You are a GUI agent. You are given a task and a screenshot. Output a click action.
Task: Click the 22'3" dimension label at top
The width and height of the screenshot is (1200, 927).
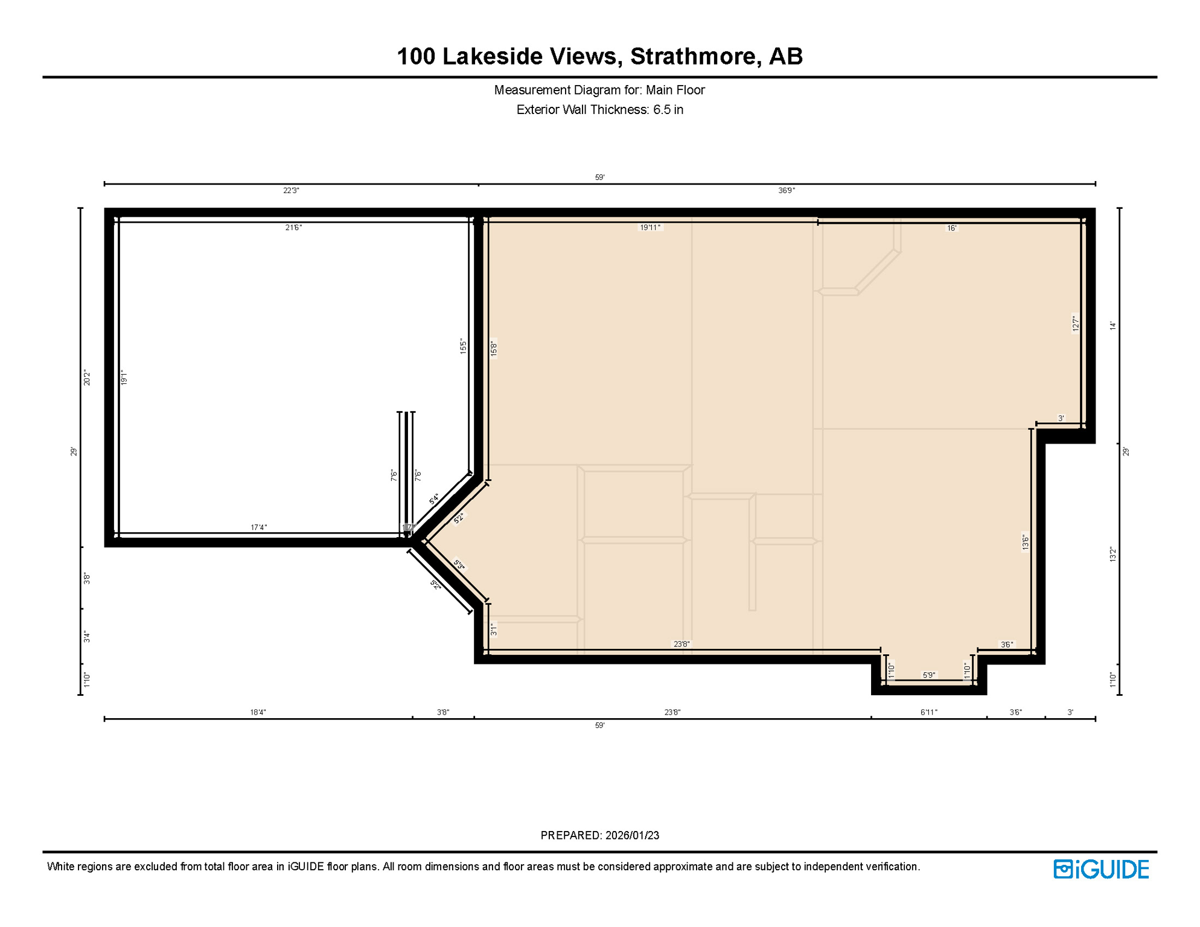click(291, 191)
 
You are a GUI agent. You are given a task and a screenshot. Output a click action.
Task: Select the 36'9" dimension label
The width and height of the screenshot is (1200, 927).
click(787, 191)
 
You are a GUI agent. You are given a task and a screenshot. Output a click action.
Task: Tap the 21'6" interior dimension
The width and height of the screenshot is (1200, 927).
click(293, 228)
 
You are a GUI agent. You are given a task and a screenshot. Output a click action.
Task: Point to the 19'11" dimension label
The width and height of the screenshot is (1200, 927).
click(650, 228)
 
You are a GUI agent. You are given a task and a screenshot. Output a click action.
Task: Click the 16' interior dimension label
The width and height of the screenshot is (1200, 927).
click(951, 228)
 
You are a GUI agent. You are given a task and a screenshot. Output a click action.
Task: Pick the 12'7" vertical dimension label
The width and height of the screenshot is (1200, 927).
click(1075, 323)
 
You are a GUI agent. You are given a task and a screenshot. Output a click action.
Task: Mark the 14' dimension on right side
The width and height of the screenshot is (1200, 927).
click(1113, 326)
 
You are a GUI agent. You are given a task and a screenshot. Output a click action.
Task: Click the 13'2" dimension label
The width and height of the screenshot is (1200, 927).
click(1113, 555)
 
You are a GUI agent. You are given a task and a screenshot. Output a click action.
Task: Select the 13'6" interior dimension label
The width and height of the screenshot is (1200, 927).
click(1025, 542)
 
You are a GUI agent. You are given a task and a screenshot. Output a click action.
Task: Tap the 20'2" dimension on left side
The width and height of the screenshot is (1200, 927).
click(87, 378)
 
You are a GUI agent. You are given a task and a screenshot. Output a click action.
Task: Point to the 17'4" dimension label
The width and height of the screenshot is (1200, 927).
click(258, 527)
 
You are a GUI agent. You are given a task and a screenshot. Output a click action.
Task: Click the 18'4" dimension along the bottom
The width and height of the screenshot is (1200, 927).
click(258, 712)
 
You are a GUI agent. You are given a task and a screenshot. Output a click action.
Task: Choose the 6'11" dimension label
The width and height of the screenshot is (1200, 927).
click(928, 712)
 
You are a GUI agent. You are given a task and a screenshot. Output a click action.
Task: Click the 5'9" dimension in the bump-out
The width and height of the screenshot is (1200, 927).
click(929, 675)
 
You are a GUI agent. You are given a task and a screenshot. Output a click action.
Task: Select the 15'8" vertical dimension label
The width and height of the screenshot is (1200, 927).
click(494, 349)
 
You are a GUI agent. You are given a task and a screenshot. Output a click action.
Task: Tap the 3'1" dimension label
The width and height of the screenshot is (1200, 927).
click(494, 630)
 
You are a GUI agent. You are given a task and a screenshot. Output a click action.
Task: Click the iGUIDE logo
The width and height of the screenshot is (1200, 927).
click(1101, 869)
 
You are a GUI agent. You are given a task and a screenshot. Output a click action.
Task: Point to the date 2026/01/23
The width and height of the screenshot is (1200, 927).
click(632, 835)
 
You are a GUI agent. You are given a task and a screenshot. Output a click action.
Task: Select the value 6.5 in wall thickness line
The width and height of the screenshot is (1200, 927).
click(668, 110)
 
